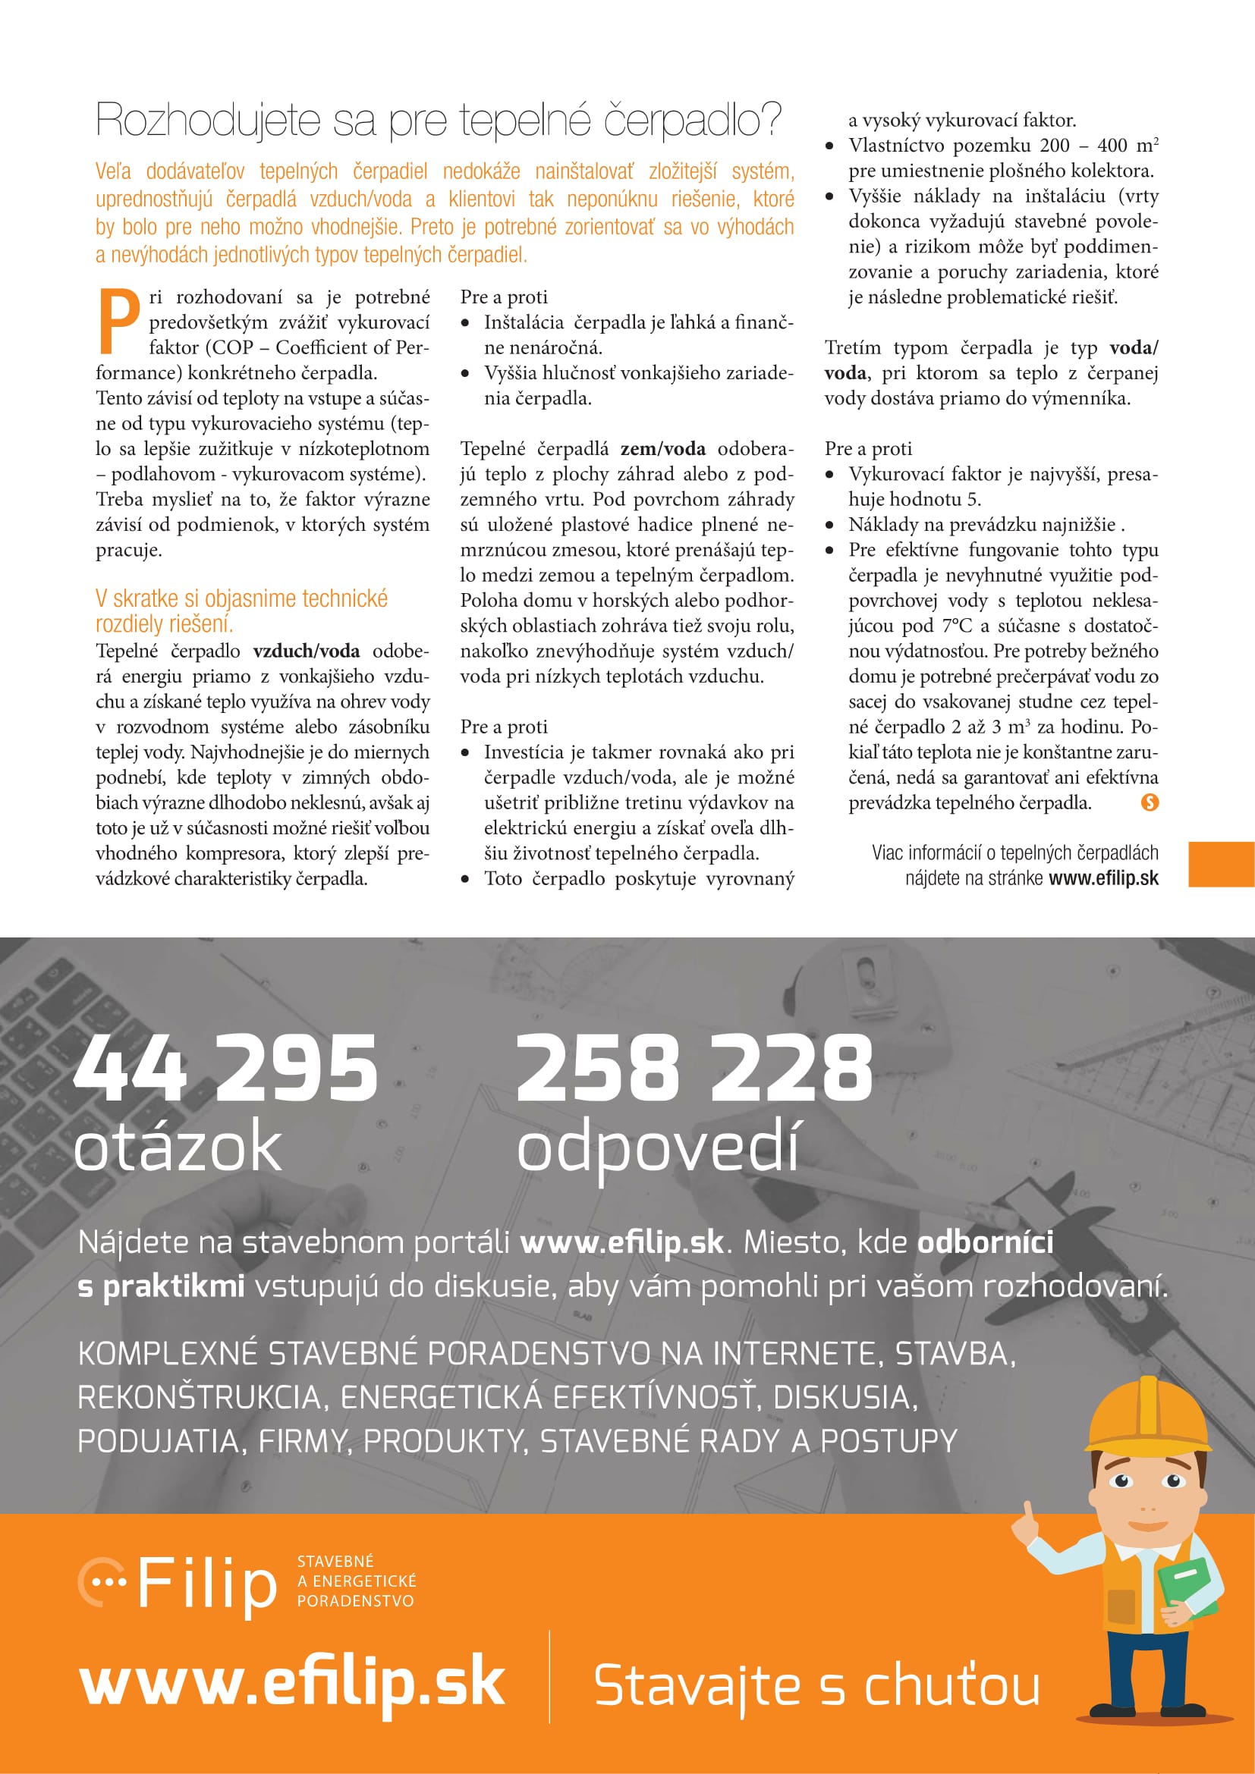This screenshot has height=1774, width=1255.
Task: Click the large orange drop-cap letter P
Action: pos(118,320)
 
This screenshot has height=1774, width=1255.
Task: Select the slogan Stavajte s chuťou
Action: pos(816,1685)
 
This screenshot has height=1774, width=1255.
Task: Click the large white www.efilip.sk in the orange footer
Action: pos(292,1683)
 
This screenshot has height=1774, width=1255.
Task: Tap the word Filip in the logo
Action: pos(206,1584)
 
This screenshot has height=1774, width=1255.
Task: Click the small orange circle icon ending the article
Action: pos(1149,802)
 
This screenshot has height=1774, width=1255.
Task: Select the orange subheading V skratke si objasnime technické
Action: pos(241,598)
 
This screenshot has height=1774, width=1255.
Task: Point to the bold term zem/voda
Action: pos(662,449)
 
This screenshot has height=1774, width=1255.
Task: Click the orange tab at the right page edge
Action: pos(1221,864)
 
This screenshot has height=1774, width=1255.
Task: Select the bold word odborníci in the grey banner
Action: pos(985,1242)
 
